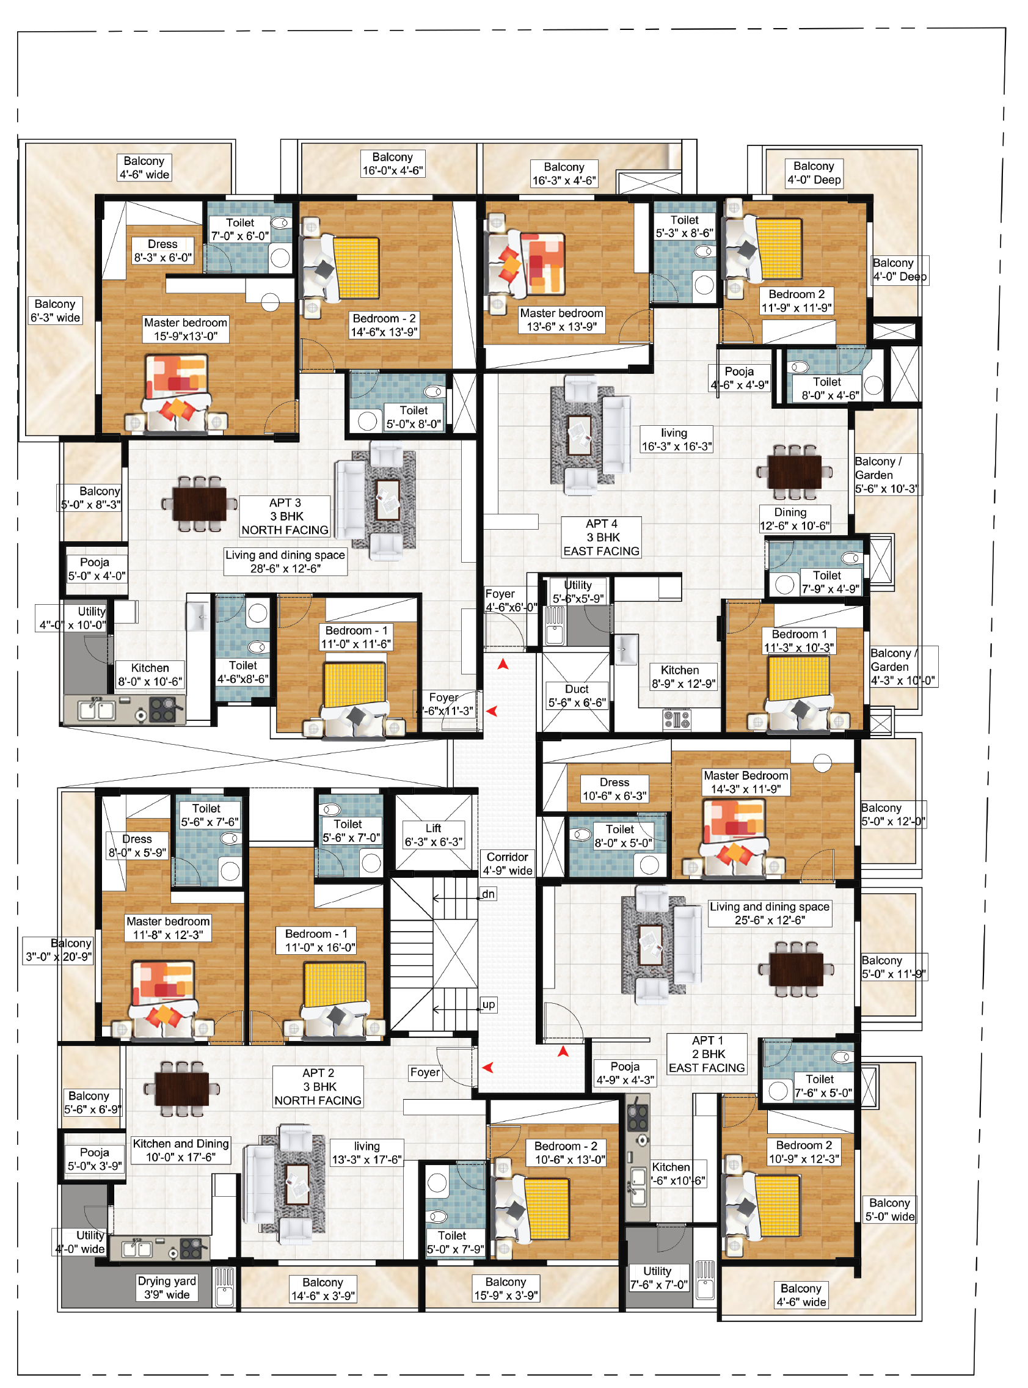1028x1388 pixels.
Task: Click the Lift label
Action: click(434, 835)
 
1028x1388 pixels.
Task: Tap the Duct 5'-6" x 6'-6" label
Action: click(576, 695)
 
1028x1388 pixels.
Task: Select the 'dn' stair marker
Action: click(488, 894)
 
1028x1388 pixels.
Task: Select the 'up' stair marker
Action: click(489, 1004)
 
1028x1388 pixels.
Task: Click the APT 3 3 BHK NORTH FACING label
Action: click(285, 516)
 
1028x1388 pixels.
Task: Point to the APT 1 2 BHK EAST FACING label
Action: click(706, 1054)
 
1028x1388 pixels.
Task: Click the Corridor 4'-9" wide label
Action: click(507, 863)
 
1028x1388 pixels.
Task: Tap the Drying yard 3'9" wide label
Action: click(167, 1287)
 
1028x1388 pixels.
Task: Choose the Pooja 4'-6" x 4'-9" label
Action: click(739, 378)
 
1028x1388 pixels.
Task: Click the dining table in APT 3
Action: click(199, 503)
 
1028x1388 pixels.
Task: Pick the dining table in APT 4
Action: click(794, 472)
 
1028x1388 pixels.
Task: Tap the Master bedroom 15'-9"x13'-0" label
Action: click(186, 329)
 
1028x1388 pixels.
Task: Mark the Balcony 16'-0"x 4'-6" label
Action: click(393, 164)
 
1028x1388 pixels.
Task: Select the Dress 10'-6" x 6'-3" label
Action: click(614, 789)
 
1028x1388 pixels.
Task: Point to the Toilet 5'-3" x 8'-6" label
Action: click(685, 226)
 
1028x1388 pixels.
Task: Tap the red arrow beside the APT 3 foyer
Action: click(492, 711)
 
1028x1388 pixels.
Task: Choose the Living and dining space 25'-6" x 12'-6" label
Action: click(770, 913)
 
